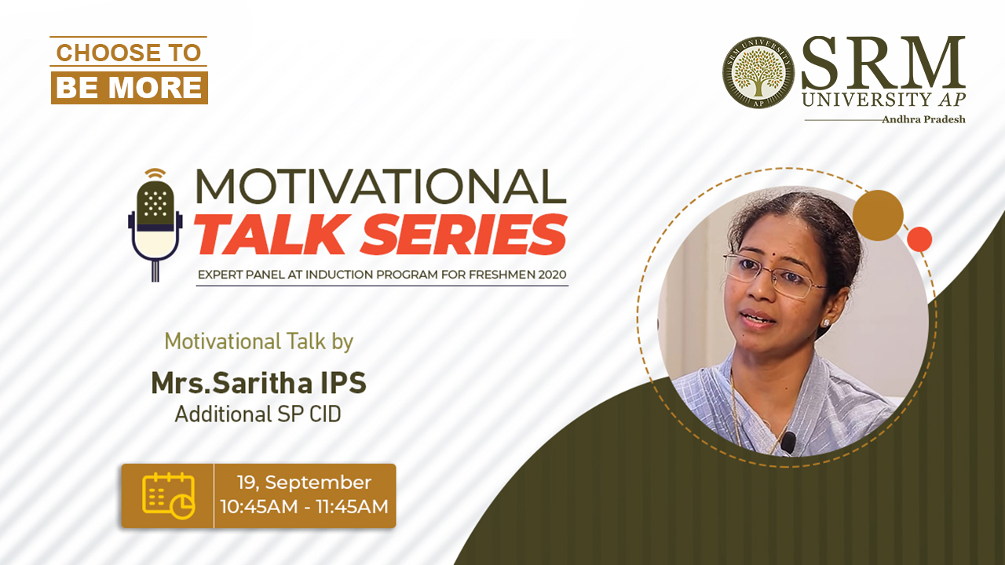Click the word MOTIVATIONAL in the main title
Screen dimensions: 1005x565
[381, 187]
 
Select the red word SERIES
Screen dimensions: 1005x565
[464, 235]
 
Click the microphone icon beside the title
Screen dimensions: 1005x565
[155, 224]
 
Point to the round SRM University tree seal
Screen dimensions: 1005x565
[758, 72]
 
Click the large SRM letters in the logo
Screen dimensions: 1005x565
[883, 63]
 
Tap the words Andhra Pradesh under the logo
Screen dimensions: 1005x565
[924, 119]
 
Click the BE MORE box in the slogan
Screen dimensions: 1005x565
[130, 87]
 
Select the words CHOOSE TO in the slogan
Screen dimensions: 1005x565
[129, 53]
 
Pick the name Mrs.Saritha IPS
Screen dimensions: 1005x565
[259, 383]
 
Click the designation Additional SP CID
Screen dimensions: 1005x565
[258, 414]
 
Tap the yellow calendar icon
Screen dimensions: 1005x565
[169, 495]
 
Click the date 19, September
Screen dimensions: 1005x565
[304, 483]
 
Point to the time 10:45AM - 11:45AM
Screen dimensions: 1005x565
[304, 507]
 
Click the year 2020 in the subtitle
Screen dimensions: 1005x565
[552, 275]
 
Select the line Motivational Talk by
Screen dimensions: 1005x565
[259, 341]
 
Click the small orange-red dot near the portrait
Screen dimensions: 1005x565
[919, 239]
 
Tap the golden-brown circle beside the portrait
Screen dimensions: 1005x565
[878, 215]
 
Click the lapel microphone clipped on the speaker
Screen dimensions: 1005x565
[788, 442]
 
